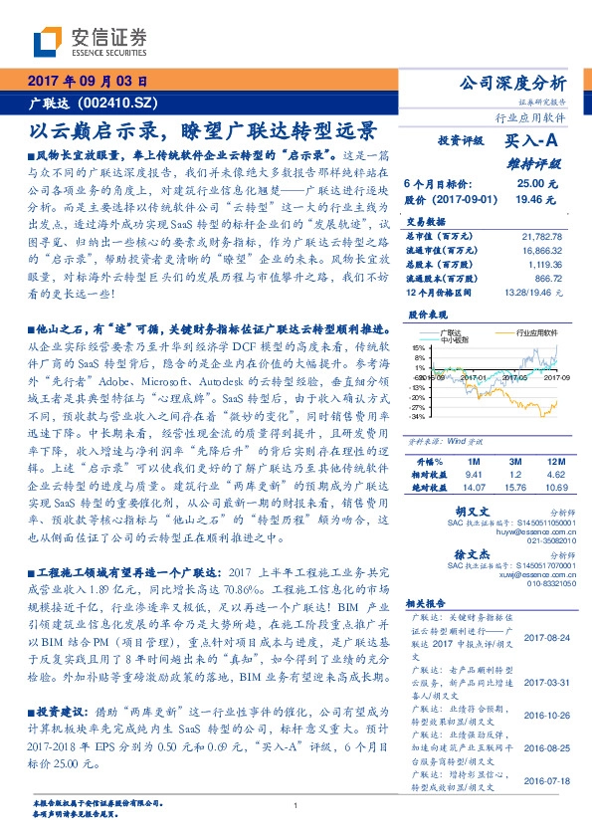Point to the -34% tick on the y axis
(417, 417)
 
